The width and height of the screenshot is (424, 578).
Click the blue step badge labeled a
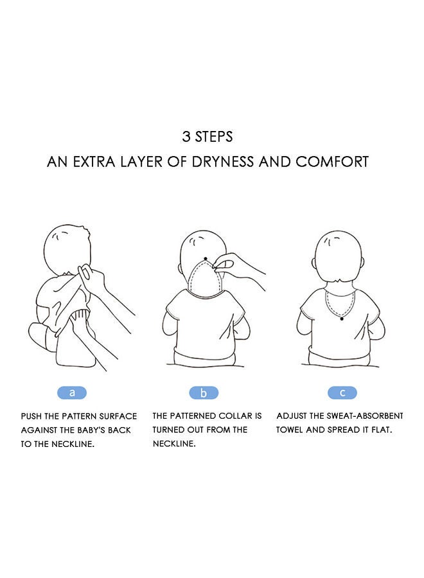[71, 392]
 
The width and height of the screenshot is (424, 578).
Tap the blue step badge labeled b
[204, 392]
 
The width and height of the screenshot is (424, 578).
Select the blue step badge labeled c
[342, 392]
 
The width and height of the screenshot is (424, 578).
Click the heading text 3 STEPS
[208, 137]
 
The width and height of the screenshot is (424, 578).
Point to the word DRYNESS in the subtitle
[223, 161]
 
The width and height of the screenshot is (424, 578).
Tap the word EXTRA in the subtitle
[94, 161]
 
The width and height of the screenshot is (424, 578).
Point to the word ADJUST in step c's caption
[292, 416]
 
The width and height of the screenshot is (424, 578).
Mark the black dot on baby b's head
[206, 259]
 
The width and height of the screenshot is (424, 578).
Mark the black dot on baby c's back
[342, 318]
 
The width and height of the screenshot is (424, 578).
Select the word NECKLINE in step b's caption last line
[173, 444]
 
